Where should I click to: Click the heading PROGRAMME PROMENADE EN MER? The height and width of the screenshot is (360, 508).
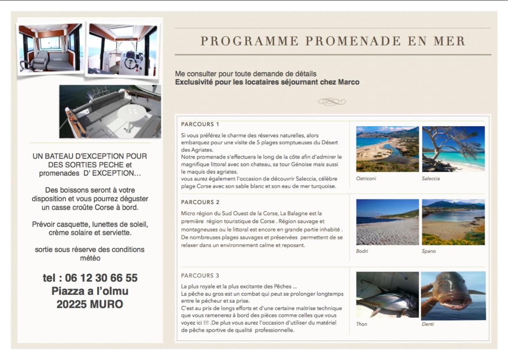pos(333,41)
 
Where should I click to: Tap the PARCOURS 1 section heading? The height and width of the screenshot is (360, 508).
pos(200,124)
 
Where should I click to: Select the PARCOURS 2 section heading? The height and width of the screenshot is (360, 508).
pos(200,202)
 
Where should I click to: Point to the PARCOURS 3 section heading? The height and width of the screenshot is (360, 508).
pos(200,275)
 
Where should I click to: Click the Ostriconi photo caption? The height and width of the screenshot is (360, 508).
pos(366,179)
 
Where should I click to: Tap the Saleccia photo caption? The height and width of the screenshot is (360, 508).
pos(431,179)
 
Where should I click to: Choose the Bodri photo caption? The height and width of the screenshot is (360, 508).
pos(362,251)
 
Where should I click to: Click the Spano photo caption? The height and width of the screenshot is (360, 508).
pos(428,251)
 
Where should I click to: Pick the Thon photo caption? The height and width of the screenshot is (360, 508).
pos(361,324)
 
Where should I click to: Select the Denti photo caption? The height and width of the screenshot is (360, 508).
pos(428,324)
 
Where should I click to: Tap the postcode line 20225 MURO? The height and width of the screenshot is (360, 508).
pos(90,304)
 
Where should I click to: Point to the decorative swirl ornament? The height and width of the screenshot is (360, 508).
pos(332,101)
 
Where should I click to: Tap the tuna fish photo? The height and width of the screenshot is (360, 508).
pos(387,294)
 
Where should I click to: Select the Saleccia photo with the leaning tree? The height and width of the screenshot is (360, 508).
pos(453,149)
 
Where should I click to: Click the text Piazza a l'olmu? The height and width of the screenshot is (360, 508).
pos(90,291)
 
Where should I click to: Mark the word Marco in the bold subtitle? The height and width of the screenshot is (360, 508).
pos(349,82)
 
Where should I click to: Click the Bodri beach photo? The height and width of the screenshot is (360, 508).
pos(387,222)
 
